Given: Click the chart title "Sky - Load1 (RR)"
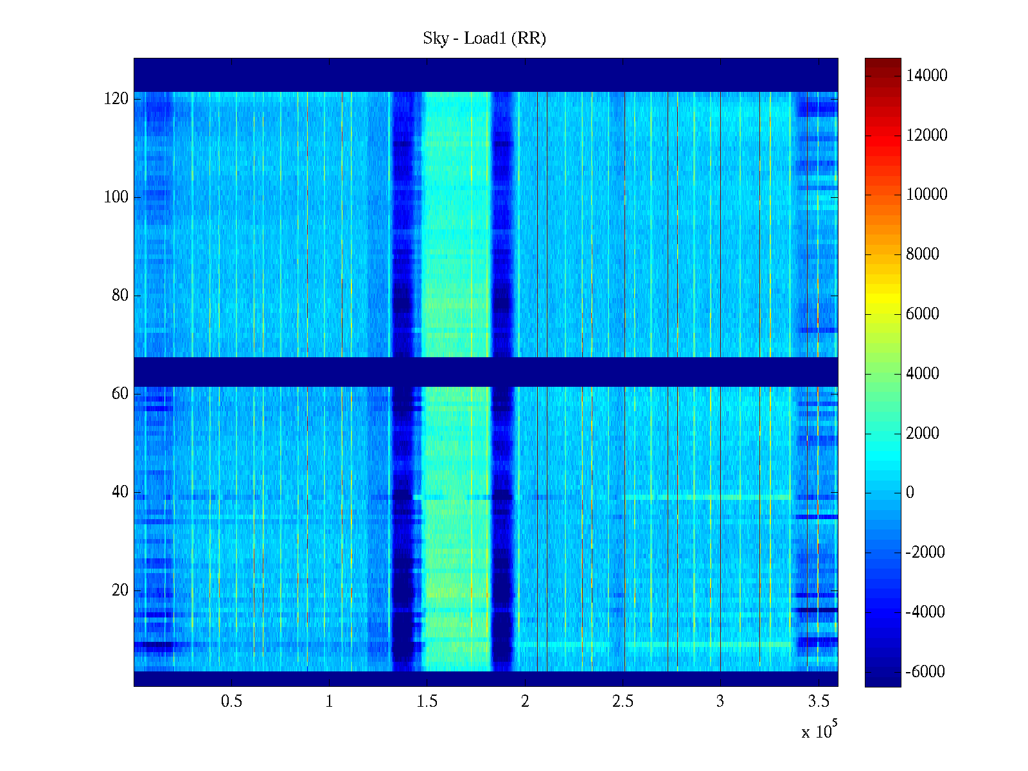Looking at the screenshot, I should [x=484, y=39].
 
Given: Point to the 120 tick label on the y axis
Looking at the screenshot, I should [x=116, y=99].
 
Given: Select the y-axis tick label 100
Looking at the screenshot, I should [x=116, y=197].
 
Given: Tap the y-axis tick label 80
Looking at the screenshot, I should [x=120, y=296].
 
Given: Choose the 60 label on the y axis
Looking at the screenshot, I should [x=120, y=394].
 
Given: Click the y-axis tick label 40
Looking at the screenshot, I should [x=120, y=492].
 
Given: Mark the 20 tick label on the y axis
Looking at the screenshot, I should [x=120, y=590].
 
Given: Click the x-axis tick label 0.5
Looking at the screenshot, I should [x=231, y=702].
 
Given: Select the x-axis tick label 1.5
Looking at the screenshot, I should [x=427, y=702].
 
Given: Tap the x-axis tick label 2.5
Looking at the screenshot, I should [x=623, y=702].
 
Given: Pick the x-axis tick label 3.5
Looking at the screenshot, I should [x=819, y=702].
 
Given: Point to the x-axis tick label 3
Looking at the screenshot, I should [x=720, y=702].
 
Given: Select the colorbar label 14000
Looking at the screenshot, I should [x=926, y=76].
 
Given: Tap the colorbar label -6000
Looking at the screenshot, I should [x=925, y=672].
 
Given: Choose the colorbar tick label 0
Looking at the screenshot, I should [x=910, y=493].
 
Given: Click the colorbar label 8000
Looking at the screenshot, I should [x=923, y=254].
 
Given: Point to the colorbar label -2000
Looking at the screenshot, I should [x=925, y=553].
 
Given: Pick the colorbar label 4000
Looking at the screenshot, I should [x=923, y=374].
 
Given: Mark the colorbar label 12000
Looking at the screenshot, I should [x=926, y=136].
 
